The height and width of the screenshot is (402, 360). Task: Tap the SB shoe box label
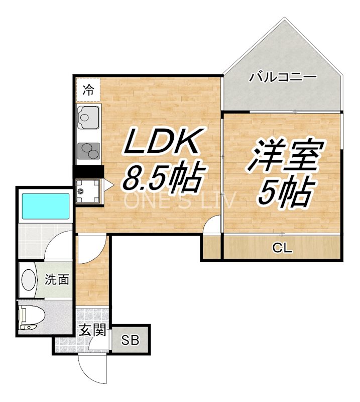coord(130,340)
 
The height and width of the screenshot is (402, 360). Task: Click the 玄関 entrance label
coord(92,331)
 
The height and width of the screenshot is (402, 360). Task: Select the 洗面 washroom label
coord(57,280)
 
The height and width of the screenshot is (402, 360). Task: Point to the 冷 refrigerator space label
coord(88,90)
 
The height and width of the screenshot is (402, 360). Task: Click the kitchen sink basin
coord(88,119)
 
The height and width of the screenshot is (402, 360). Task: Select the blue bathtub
coord(45,205)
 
